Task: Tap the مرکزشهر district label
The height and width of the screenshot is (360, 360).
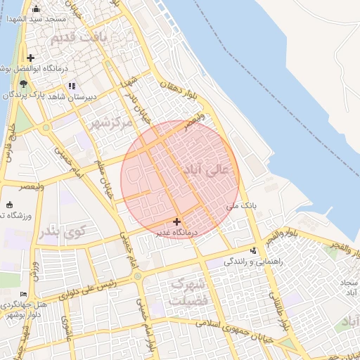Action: (111, 122)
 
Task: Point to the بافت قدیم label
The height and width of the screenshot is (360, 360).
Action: (105, 36)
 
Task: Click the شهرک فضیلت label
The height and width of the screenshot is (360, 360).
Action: (189, 292)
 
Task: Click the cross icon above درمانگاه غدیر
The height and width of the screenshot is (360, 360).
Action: (176, 221)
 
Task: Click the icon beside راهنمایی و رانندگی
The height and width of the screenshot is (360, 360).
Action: (254, 251)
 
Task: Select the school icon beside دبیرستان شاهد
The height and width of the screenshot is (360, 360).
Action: (71, 86)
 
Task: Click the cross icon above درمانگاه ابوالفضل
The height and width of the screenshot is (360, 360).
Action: (30, 58)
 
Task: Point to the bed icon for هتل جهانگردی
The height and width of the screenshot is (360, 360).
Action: (24, 294)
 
